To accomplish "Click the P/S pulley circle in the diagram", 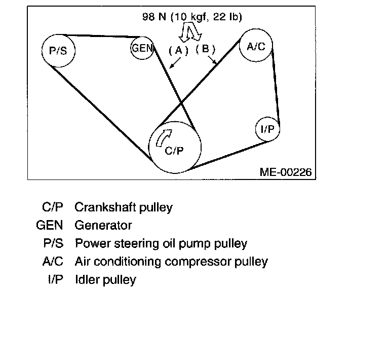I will [x=58, y=50].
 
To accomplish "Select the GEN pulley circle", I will [x=142, y=48].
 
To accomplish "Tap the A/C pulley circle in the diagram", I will [x=256, y=46].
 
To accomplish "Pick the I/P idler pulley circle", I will [x=267, y=130].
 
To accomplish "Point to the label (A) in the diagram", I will [x=178, y=50].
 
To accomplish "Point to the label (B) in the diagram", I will [x=206, y=49].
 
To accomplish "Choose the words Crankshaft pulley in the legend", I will [x=124, y=207].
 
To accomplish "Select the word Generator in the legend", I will [x=103, y=225].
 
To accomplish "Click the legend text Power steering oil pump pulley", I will [x=161, y=243].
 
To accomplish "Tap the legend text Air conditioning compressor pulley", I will [x=171, y=262].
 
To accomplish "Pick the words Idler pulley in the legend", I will [x=105, y=279].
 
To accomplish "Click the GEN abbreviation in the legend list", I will [x=50, y=225].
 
